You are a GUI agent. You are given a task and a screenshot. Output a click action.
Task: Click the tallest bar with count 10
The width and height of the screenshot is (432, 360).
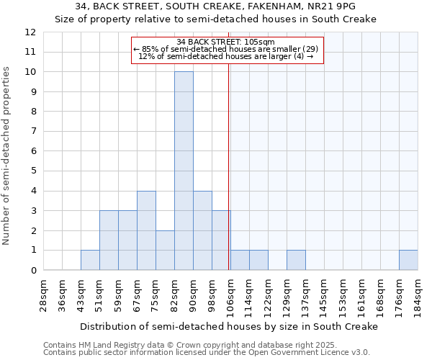pyautogui.click(x=184, y=171)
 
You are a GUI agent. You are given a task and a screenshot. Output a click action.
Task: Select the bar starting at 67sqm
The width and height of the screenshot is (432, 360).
pyautogui.click(x=146, y=230)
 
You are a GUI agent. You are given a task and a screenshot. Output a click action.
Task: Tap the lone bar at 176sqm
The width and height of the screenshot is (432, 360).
pyautogui.click(x=408, y=260)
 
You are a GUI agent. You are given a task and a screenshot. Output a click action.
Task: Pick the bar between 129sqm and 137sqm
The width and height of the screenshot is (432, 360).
pyautogui.click(x=296, y=260)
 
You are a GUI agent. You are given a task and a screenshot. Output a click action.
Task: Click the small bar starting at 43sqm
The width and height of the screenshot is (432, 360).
pyautogui.click(x=90, y=260)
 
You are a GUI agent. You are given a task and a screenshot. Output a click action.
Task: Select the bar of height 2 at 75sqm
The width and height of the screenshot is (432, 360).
pyautogui.click(x=165, y=250)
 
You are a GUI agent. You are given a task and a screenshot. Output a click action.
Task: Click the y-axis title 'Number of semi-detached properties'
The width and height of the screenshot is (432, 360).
pyautogui.click(x=6, y=155)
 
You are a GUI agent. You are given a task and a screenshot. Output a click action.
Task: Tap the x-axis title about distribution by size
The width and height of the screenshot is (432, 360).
pyautogui.click(x=228, y=326)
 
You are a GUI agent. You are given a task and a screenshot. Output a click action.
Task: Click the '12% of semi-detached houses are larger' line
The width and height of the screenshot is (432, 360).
pyautogui.click(x=225, y=56)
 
